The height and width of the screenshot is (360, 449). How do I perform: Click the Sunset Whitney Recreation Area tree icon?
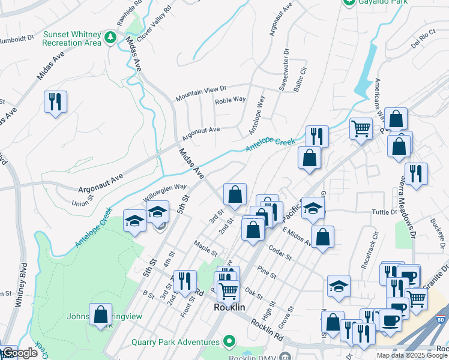(x=110, y=38)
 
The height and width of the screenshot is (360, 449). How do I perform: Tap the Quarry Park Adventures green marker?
(x=229, y=343)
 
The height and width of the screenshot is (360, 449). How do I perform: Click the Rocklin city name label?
(x=230, y=307)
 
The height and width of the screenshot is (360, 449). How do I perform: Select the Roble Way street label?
(x=231, y=100)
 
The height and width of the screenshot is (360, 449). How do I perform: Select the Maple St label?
(x=205, y=246)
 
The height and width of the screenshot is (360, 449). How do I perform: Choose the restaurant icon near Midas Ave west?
(x=55, y=102)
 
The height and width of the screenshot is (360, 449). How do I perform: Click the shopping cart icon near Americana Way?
(x=361, y=128)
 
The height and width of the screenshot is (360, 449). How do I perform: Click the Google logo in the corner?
(x=19, y=353)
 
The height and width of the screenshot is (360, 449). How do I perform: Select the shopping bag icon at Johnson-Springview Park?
(x=101, y=314)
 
